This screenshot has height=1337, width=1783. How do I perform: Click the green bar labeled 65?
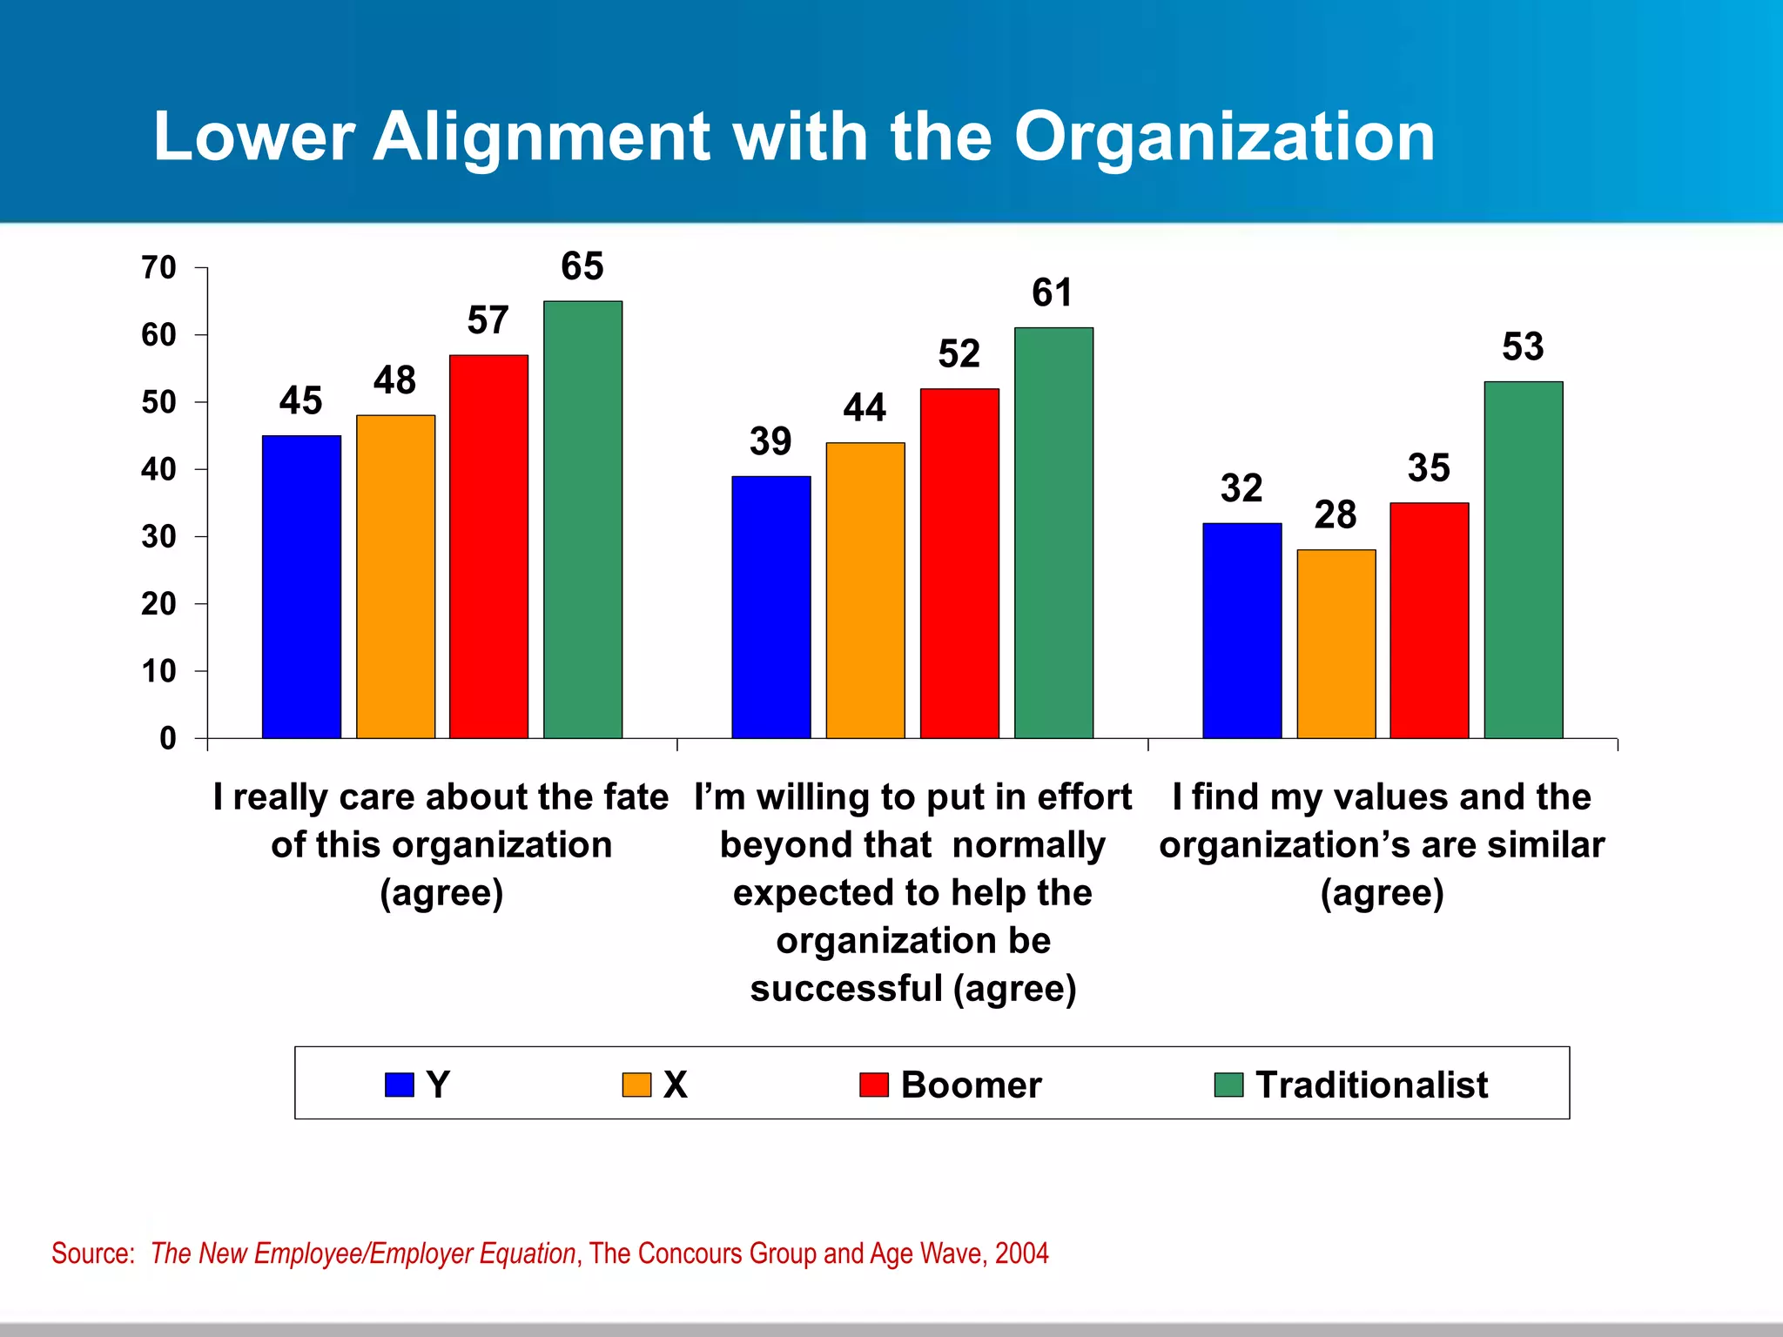pos(582,520)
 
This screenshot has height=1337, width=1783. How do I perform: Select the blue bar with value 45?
pos(301,587)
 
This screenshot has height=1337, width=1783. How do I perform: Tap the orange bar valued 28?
pos(1336,644)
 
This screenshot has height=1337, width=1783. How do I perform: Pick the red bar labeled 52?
pos(959,563)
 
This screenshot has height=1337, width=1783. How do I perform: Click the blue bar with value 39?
pos(770,607)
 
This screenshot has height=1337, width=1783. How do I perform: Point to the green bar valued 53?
pos(1523,560)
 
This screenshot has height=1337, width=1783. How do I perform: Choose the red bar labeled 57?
pos(488,547)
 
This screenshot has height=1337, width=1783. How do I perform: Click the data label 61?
pos(1052,293)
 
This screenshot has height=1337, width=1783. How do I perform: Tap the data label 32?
pos(1241,488)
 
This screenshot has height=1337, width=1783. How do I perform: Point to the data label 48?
pos(394,380)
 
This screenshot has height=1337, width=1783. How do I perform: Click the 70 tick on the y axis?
pos(159,268)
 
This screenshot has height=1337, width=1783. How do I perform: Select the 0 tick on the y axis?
pos(168,739)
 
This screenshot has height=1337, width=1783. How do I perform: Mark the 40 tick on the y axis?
pos(159,470)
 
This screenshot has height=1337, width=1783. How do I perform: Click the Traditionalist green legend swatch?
pos(1228,1085)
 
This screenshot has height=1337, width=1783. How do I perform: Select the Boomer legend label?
pos(971,1085)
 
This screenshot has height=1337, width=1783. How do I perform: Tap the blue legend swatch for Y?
pos(399,1085)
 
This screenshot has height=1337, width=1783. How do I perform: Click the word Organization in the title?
pos(1224,137)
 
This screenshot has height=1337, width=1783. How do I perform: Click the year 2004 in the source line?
pos(1021,1253)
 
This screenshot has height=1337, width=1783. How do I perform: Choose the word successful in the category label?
pos(845,989)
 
